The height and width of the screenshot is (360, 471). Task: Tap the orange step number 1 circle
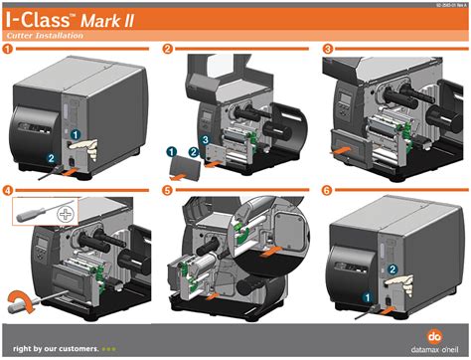pyautogui.click(x=9, y=48)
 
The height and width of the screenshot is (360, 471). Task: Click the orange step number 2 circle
pyautogui.click(x=167, y=48)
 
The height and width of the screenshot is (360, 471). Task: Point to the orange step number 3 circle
pyautogui.click(x=327, y=48)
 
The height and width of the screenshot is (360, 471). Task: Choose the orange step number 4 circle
pyautogui.click(x=9, y=189)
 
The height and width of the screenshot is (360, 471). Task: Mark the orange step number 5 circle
pyautogui.click(x=167, y=189)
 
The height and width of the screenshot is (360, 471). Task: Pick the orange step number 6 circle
pyautogui.click(x=327, y=189)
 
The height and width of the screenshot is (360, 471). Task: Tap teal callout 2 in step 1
pyautogui.click(x=52, y=156)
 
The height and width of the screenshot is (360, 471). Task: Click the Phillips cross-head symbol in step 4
pyautogui.click(x=67, y=213)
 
